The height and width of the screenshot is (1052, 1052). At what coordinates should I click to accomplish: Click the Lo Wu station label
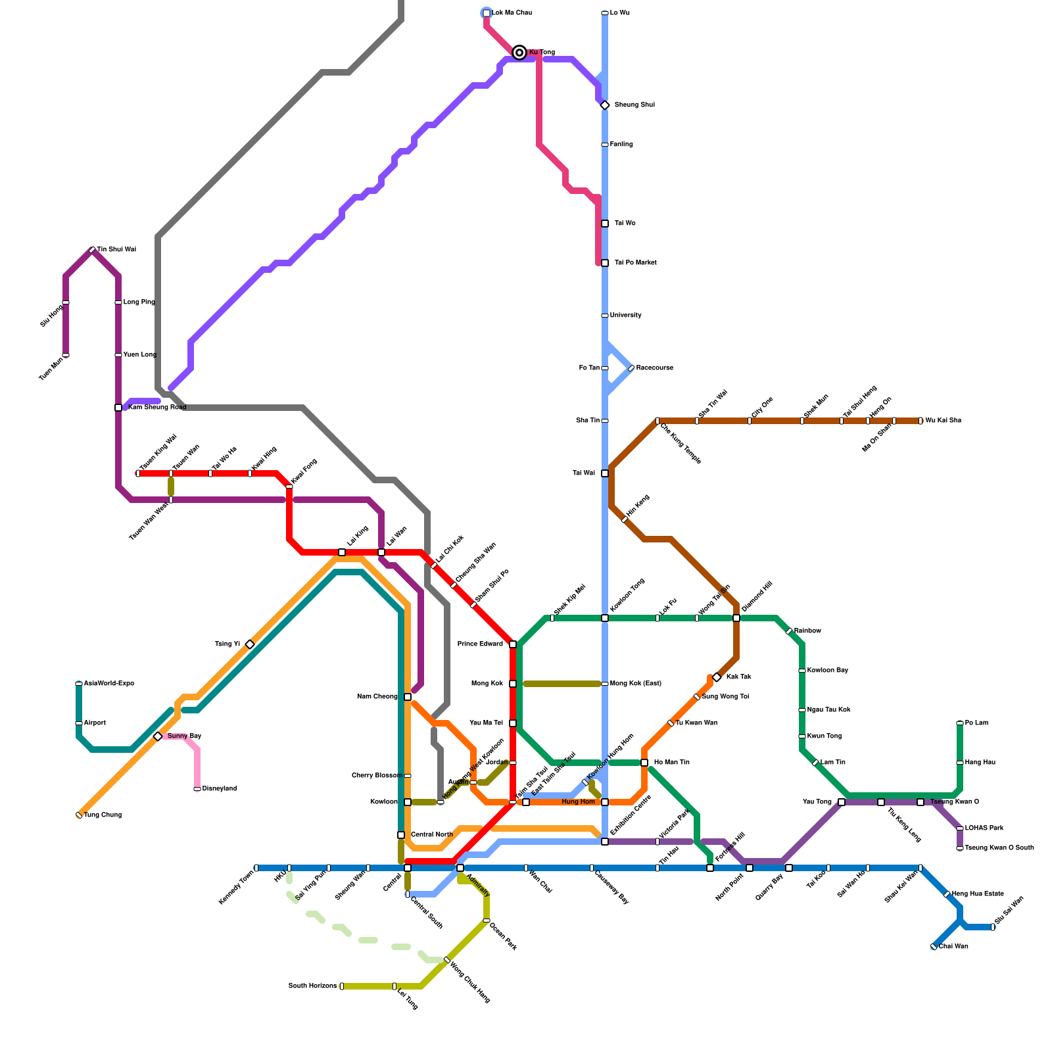pos(619,13)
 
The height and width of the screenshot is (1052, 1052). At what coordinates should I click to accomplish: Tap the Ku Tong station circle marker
pos(519,53)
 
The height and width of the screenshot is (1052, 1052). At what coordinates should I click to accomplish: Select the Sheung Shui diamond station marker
pos(605,105)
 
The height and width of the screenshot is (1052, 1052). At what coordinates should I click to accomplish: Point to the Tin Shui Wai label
pos(116,250)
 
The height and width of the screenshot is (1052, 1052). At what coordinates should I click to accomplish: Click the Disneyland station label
pos(219,789)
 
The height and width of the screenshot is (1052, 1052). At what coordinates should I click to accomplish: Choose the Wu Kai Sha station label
pos(943,421)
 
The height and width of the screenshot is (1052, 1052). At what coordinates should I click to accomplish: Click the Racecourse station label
pos(654,368)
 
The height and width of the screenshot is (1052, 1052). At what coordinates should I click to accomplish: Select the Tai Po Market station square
pos(605,263)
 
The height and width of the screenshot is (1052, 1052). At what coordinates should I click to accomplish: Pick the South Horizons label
pos(312,986)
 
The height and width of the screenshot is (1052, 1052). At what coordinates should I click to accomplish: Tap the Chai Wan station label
pos(953,947)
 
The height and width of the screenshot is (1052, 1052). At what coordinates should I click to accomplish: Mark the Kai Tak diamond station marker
pos(717,677)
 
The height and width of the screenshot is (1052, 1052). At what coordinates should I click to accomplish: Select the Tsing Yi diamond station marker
pos(250,644)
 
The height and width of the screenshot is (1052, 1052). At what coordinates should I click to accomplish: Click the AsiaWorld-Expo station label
pos(108,684)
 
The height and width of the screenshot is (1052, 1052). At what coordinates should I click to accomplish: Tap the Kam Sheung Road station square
pos(118,408)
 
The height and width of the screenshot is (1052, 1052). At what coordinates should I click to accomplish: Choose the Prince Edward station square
pos(513,644)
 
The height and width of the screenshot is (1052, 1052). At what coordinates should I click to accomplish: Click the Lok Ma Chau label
pos(512,13)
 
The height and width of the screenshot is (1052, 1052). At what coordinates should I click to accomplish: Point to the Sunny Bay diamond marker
pos(158,736)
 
